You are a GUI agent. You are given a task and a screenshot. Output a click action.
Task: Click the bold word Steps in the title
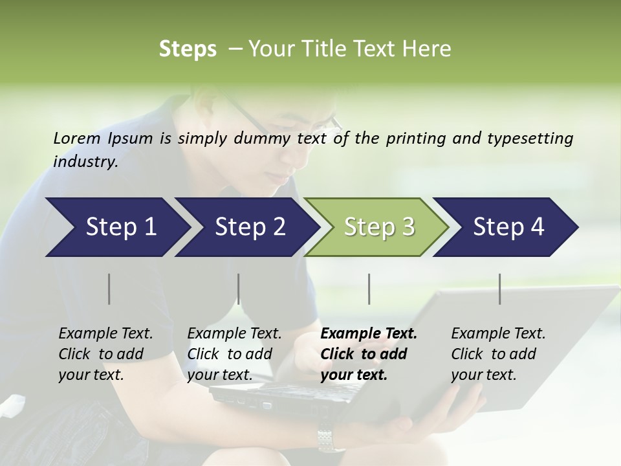tap(188, 49)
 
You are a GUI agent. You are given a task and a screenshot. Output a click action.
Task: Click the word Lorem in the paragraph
tap(77, 139)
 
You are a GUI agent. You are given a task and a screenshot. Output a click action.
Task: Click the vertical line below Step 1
tap(109, 289)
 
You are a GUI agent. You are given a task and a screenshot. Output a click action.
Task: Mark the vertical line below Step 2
tap(239, 289)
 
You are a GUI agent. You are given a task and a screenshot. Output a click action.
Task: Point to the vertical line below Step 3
tap(369, 289)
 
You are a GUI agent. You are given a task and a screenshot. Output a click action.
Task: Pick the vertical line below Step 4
tap(500, 289)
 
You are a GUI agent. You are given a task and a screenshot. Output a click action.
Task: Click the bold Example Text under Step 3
tap(369, 334)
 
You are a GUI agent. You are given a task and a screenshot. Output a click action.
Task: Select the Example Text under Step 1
tap(105, 334)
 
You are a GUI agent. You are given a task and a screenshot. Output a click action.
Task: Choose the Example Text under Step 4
tap(498, 334)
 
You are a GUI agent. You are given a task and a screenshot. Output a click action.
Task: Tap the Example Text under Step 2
tap(234, 334)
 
